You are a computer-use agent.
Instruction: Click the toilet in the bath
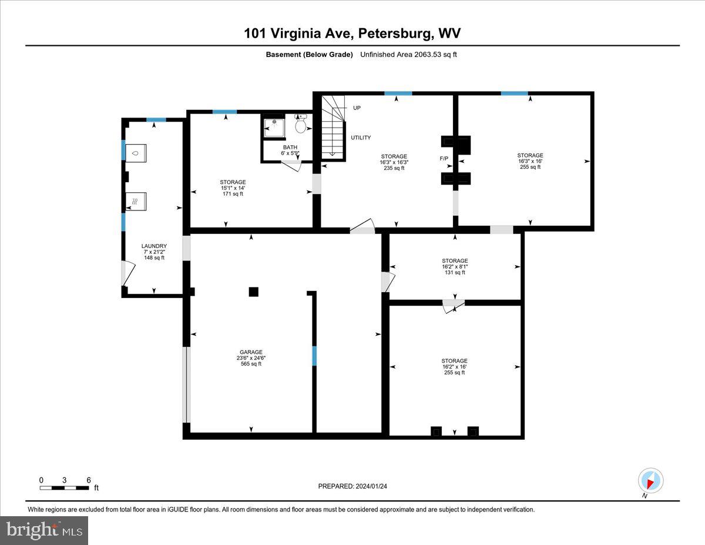click(300, 125)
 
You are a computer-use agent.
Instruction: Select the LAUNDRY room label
click(154, 252)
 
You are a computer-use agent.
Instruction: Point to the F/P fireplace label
click(444, 159)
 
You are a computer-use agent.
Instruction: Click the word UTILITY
click(361, 138)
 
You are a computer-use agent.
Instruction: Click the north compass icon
click(650, 480)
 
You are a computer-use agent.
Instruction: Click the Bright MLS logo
click(44, 530)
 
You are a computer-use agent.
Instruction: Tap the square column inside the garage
click(253, 292)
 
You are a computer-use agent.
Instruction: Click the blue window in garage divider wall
click(314, 356)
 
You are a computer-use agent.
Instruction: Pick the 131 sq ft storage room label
click(455, 266)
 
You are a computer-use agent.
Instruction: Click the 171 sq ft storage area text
click(233, 188)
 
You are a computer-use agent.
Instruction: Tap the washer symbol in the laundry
click(137, 153)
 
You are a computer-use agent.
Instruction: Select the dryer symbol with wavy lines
click(136, 201)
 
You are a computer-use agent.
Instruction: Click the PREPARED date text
click(352, 486)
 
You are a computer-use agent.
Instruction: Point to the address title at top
click(352, 34)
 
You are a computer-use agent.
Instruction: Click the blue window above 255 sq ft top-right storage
click(514, 93)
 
